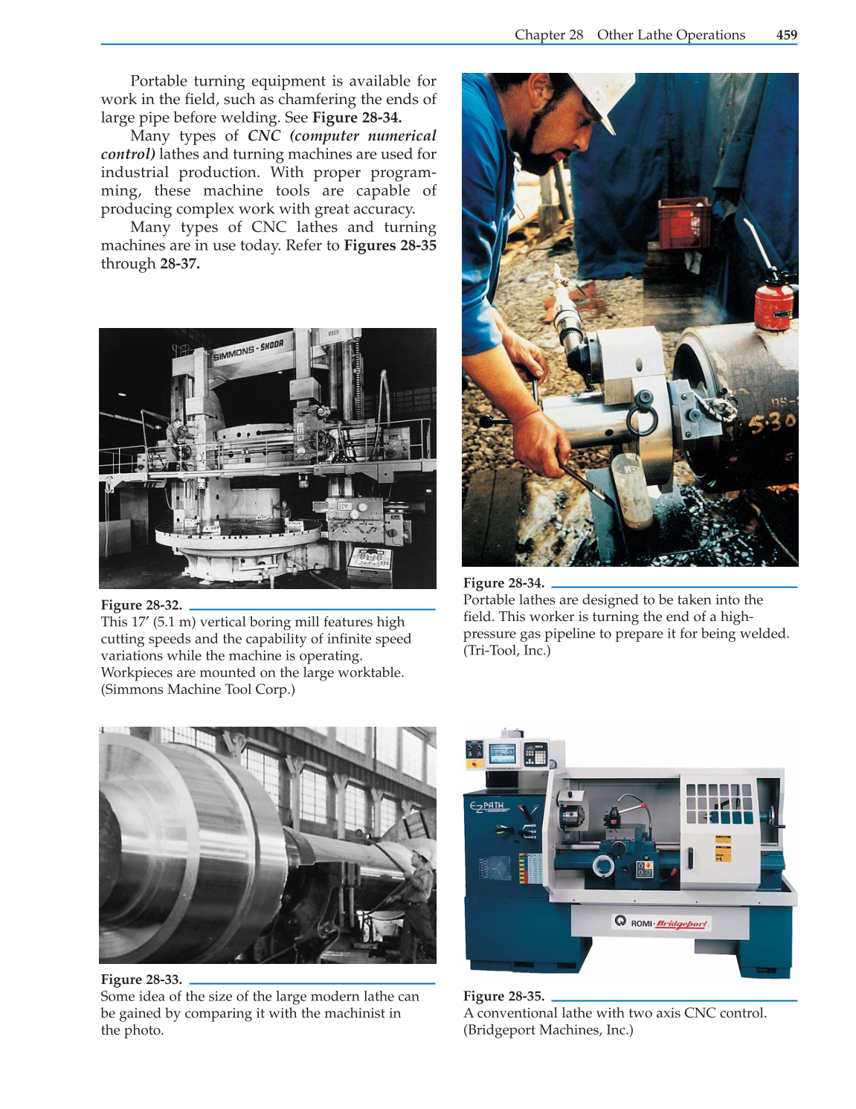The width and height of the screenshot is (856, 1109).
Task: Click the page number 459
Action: [x=786, y=35]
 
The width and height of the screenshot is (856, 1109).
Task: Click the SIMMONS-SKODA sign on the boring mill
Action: [x=248, y=350]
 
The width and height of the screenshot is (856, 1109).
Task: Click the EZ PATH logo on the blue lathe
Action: [x=488, y=806]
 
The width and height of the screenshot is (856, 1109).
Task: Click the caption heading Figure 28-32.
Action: [x=141, y=605]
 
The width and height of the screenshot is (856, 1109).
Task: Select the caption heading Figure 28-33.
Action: [x=141, y=980]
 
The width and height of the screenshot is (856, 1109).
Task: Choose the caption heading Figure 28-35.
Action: [x=503, y=996]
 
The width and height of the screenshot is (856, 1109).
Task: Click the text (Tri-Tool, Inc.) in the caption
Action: [x=506, y=651]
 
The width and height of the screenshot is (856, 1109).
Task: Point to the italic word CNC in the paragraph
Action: [x=264, y=136]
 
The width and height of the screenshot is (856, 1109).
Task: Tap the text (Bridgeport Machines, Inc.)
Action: [x=548, y=1030]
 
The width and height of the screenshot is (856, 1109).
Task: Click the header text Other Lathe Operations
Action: [x=671, y=35]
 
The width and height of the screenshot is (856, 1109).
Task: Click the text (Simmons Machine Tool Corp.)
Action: [x=198, y=689]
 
